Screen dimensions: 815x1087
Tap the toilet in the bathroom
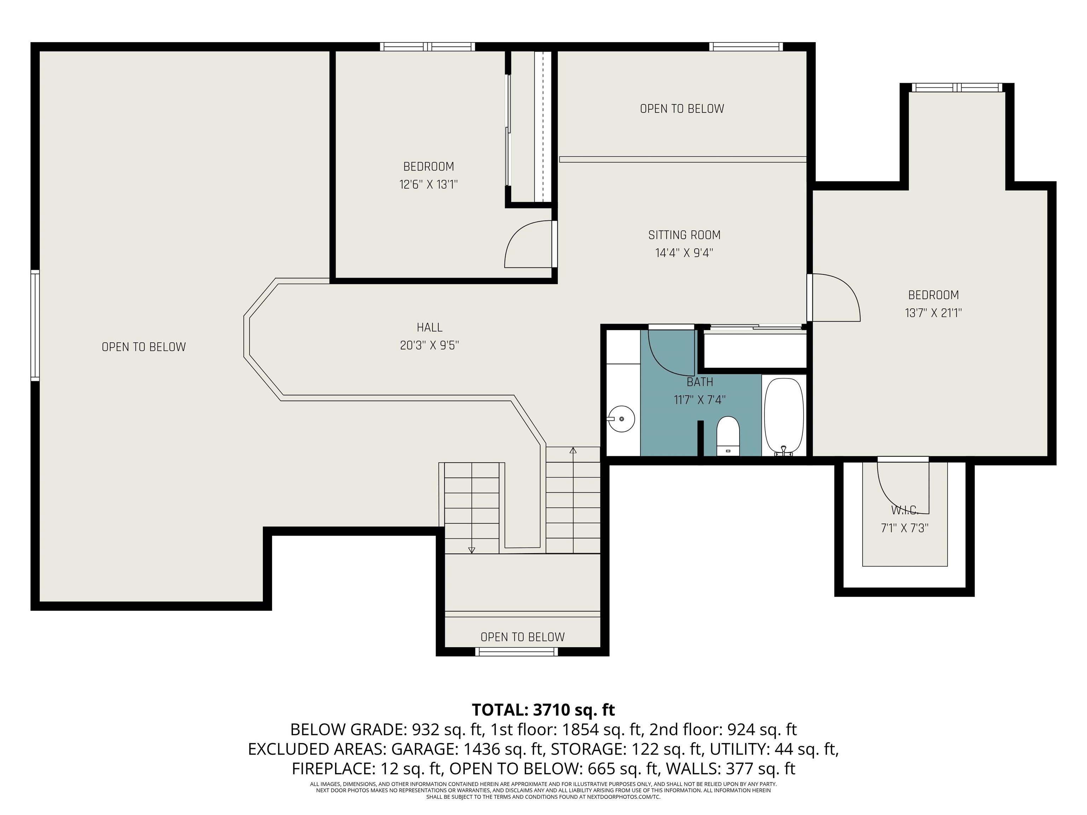728,435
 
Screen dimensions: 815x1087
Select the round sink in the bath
621,418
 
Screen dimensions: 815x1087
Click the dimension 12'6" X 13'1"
429,185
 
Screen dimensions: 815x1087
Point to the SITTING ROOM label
684,235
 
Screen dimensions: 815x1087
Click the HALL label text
430,327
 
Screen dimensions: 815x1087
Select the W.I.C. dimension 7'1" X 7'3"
904,528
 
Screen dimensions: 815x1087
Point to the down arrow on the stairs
471,550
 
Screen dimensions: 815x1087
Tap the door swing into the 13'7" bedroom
835,297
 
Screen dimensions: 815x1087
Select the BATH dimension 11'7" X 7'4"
699,400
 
